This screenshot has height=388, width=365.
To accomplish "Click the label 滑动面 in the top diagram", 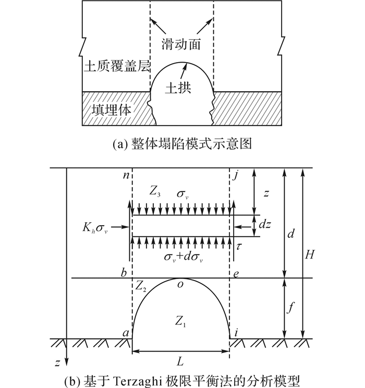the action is pos(181,44).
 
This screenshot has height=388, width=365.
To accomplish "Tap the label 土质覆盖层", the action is pos(117,66).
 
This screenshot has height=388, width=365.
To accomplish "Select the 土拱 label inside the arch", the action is pos(178,88).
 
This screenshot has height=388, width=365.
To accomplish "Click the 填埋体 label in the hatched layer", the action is pos(111,110).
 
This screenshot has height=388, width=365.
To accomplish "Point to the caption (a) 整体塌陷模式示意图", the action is pos(182,144).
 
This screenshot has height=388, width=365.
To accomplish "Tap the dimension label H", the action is pos(309,254).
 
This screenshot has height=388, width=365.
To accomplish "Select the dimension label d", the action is pos(291,233).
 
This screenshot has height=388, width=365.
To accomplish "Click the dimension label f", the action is pos(291,308).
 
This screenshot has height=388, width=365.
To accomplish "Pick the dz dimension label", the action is pos(265,224).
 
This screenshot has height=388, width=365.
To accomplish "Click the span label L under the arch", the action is pos(180,362).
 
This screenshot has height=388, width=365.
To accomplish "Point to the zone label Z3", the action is pos(155,191).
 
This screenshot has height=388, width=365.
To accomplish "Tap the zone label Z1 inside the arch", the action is pos(180,322).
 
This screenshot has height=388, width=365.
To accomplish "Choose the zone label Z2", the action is pos(141,287).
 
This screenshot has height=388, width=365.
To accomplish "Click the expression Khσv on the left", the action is pos(95,228).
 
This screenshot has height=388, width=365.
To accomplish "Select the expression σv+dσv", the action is pos(183,257).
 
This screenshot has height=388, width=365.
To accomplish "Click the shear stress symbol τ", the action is pos(238,247).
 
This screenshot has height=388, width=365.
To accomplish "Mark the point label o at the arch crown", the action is pos(180,285).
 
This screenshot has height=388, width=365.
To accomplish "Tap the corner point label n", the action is pos(126,175).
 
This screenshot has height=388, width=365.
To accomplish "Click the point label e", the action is pos(236,274).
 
